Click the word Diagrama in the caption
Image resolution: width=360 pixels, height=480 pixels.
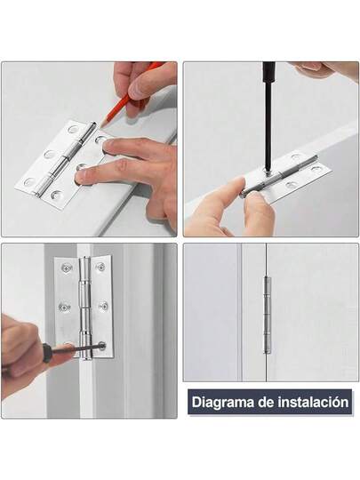point(222,403)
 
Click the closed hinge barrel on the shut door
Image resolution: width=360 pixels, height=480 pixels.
point(268,315)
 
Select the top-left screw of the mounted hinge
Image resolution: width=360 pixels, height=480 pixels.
point(66,268)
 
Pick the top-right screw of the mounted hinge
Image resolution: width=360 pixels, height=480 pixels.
point(100,267)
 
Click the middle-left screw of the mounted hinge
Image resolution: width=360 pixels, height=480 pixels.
point(64,307)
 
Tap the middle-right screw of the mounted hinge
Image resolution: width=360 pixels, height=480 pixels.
point(104,306)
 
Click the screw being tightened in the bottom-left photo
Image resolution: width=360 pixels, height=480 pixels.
point(102,347)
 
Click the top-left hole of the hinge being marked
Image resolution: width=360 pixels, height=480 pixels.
point(74,129)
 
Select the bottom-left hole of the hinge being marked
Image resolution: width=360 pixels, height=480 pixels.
point(29,182)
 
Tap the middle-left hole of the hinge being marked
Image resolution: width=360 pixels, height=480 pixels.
point(50,154)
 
